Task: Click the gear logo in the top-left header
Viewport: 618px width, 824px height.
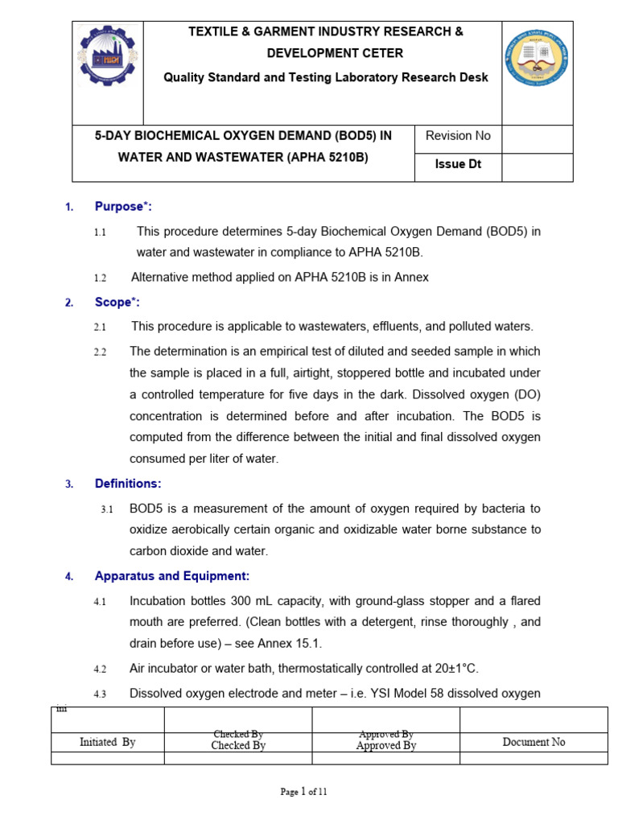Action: pos(107,56)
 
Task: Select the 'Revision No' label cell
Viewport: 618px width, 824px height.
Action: pos(457,136)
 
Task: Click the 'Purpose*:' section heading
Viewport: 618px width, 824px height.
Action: pos(123,207)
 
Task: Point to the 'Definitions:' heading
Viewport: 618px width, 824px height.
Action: pos(128,484)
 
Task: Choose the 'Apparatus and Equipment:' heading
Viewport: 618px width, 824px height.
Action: pos(172,576)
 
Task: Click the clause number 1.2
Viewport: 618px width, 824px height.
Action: pos(100,278)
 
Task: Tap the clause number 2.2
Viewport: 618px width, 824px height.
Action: pos(100,352)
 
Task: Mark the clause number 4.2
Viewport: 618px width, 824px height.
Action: pos(100,669)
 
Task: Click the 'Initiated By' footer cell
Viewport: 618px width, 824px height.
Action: pos(107,743)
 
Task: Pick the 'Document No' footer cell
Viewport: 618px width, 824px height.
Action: pos(534,743)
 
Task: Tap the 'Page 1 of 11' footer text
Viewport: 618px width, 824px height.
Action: pos(304,792)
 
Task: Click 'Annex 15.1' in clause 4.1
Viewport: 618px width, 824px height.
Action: pos(292,644)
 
